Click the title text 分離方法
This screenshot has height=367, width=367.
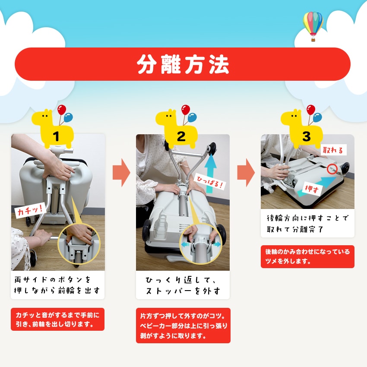pos(183,64)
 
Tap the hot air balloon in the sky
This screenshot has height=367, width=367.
pos(313,26)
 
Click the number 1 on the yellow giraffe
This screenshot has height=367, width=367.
pos(56,136)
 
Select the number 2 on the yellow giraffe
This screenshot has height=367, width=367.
pos(181,136)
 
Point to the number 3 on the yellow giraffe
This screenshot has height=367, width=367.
pos(307,136)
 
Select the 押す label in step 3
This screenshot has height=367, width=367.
pos(312,189)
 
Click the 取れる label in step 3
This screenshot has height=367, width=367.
pos(333,149)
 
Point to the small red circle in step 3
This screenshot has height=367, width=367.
pos(332,169)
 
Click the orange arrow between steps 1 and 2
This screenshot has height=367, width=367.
pos(121,173)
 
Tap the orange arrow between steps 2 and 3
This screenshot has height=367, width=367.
pos(246,173)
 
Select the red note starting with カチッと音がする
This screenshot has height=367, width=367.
pos(57,319)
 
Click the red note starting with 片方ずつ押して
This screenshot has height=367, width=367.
pos(183,326)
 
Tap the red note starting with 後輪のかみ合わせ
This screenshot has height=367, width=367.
pos(307,257)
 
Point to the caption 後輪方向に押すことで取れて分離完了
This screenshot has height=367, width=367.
pos(307,224)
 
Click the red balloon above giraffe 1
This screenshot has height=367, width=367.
pos(62,110)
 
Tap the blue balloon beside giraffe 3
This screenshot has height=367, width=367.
pos(317,117)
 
